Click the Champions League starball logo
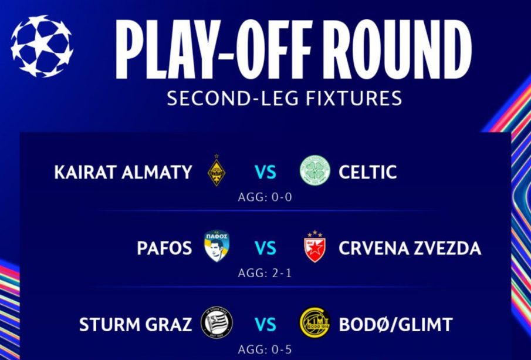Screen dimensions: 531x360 click(x=42, y=46)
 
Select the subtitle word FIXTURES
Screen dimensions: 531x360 click(x=354, y=98)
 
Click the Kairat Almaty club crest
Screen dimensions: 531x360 click(x=217, y=170)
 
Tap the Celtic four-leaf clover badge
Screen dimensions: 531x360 click(x=315, y=171)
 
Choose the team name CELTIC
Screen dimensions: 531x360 click(x=367, y=172)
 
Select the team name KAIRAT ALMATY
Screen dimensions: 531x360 click(x=123, y=172)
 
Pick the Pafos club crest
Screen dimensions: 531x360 click(x=217, y=246)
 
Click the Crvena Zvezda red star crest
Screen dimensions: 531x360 click(x=314, y=247)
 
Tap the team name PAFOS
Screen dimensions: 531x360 click(x=164, y=248)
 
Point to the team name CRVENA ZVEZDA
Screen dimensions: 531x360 click(x=410, y=248)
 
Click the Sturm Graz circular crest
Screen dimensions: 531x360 click(x=217, y=323)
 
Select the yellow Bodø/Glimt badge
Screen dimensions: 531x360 click(x=315, y=323)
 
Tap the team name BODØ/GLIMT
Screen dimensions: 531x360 click(x=395, y=324)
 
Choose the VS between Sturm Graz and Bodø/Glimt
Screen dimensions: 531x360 click(x=265, y=324)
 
